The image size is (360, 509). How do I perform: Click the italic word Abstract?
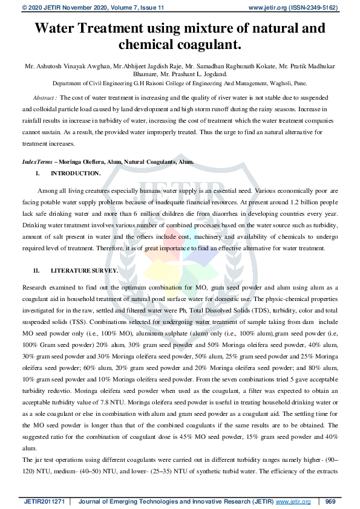pyautogui.click(x=44, y=97)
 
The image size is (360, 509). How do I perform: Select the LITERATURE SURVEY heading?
pyautogui.click(x=85, y=270)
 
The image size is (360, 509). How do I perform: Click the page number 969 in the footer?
pyautogui.click(x=330, y=501)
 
